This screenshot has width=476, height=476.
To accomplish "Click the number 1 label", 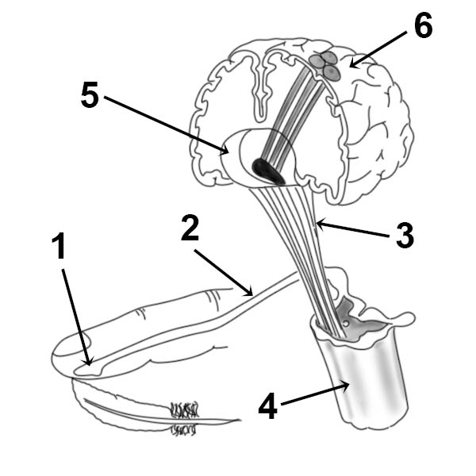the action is click(x=59, y=246).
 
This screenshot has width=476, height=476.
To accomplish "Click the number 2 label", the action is click(x=190, y=228).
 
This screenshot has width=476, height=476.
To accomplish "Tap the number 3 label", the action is click(x=405, y=236).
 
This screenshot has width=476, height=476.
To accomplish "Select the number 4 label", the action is click(x=268, y=406).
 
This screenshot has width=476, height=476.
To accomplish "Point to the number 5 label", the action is click(x=90, y=94).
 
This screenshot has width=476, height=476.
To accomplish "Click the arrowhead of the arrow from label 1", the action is click(x=88, y=362).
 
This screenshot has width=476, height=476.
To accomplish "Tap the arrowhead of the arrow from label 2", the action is click(x=249, y=292).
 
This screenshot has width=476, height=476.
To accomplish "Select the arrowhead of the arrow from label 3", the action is click(x=321, y=225).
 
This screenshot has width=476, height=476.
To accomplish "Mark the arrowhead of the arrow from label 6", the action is click(x=355, y=63).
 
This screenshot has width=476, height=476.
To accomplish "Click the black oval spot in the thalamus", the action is click(x=268, y=172).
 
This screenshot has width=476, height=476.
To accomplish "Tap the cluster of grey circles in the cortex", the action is click(x=325, y=65).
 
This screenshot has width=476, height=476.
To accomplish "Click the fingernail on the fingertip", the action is click(x=71, y=344).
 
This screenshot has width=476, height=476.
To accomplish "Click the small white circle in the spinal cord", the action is click(x=346, y=324).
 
